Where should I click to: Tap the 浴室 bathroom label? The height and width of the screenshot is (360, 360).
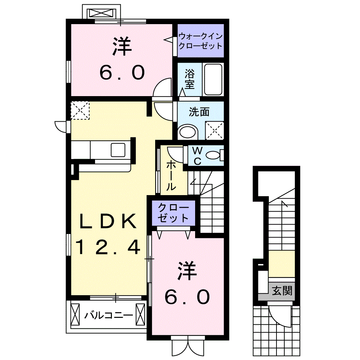(190, 79)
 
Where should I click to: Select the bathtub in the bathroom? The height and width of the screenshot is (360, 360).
(213, 79)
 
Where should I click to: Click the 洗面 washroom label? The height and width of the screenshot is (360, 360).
(199, 112)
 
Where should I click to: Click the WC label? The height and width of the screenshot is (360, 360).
(197, 156)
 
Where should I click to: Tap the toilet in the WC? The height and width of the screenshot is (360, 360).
(214, 156)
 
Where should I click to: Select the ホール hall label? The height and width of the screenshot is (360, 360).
(171, 176)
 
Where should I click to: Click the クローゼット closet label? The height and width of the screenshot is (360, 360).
(174, 213)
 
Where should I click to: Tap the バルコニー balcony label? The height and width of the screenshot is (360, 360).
(108, 316)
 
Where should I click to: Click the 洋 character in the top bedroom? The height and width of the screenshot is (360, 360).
(122, 47)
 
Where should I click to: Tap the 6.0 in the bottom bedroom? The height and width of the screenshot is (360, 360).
(187, 297)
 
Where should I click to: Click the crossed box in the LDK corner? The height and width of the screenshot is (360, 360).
(80, 110)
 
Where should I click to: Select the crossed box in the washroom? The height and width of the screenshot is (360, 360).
(214, 130)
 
